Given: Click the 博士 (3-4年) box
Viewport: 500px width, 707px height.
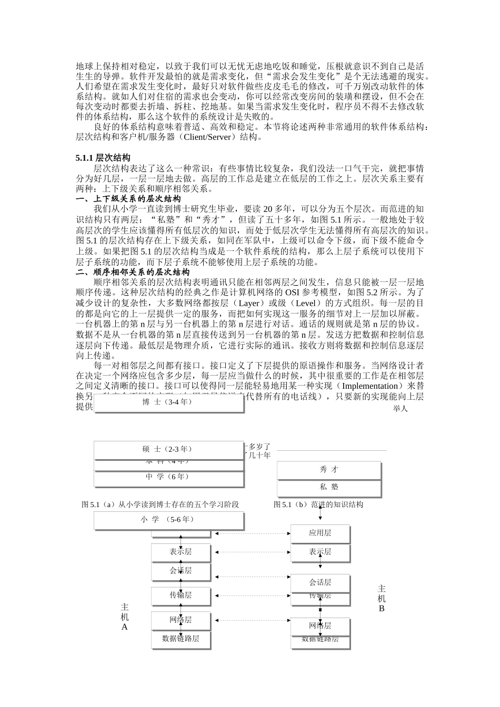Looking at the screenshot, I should (168, 402).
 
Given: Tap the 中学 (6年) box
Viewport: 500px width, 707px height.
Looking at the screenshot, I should (168, 477).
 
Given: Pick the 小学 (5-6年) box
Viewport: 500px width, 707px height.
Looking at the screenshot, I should (168, 519).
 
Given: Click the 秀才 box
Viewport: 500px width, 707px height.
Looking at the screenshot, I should (329, 469).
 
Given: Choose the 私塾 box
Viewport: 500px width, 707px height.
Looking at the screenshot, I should (329, 487).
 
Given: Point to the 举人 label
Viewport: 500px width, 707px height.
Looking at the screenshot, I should (400, 409).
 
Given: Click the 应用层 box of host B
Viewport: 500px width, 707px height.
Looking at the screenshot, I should (320, 533).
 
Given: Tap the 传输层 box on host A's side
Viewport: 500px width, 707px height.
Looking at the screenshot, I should (181, 595).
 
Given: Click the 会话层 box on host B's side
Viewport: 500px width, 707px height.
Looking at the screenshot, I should (320, 582).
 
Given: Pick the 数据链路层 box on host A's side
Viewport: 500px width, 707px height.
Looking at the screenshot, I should (181, 638).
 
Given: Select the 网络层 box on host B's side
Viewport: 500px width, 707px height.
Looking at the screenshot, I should (320, 625).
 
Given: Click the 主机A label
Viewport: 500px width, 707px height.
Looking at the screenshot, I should (125, 617).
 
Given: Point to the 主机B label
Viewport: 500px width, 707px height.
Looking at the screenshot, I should (382, 598).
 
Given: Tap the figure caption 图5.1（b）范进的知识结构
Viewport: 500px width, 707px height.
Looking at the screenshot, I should (318, 504).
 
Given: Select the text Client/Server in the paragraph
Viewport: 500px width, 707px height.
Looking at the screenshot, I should (208, 137).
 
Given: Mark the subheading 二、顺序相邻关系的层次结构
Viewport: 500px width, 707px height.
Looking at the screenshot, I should (132, 272).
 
